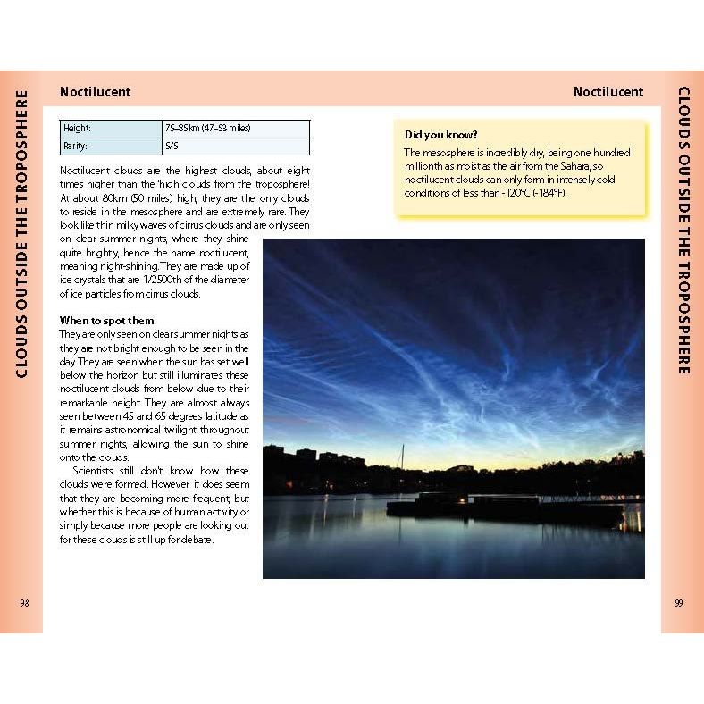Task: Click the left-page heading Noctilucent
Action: point(95,91)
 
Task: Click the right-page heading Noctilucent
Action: point(608,91)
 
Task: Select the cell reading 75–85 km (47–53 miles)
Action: point(236,129)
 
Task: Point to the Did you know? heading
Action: point(440,135)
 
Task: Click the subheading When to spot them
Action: point(106,320)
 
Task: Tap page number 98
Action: point(24,604)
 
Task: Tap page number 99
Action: point(679,604)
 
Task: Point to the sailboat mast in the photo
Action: point(402,457)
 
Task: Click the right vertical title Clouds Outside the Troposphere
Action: point(683,231)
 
